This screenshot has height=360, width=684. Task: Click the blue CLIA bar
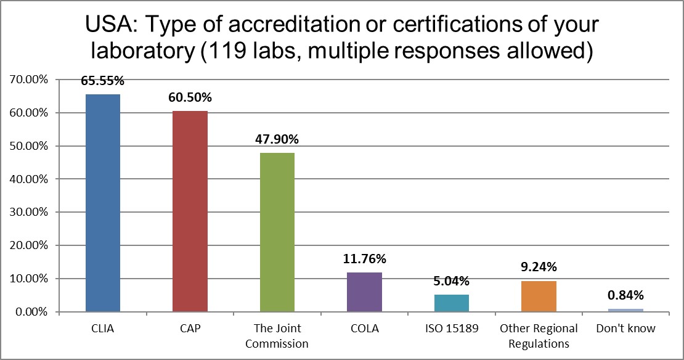click(x=102, y=203)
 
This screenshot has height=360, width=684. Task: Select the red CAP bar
click(x=190, y=211)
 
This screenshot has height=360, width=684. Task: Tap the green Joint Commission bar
click(x=277, y=232)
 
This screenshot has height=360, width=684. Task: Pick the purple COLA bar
click(x=364, y=292)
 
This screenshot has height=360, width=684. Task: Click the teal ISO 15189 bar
click(x=452, y=303)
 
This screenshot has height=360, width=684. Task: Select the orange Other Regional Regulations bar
click(x=539, y=297)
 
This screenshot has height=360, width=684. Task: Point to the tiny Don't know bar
click(x=625, y=310)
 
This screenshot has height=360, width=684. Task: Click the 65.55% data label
click(x=102, y=81)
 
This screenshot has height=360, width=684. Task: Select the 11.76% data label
click(x=364, y=259)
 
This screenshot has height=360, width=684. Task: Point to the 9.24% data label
click(x=539, y=267)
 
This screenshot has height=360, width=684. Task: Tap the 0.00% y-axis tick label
click(x=31, y=312)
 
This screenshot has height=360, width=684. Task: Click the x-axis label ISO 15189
click(x=451, y=329)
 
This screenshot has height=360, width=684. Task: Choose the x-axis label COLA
click(x=364, y=329)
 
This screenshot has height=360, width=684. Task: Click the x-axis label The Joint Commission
click(x=277, y=336)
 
